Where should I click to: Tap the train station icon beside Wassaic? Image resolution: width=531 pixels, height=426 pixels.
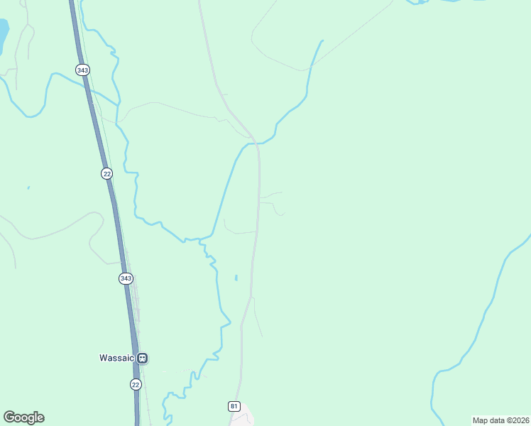point(143,358)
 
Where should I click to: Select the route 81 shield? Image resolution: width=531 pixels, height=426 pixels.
point(234,406)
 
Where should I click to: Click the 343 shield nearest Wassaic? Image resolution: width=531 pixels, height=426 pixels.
point(126,278)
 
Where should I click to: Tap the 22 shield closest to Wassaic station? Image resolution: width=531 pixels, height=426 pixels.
point(136,384)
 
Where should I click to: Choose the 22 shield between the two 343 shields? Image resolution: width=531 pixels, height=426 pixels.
point(106,173)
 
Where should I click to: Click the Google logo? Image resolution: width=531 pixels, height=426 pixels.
point(24,417)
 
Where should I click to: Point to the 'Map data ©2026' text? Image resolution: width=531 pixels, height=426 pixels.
point(500,420)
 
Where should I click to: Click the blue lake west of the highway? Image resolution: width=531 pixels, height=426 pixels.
point(3,32)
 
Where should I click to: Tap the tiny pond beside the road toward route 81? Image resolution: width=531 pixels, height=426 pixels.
point(236,277)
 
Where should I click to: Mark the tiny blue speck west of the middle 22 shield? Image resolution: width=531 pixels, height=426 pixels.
point(28,187)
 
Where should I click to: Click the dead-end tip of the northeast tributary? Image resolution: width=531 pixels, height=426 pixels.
point(322,41)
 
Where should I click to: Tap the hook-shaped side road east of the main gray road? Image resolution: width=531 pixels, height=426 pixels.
point(280,212)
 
